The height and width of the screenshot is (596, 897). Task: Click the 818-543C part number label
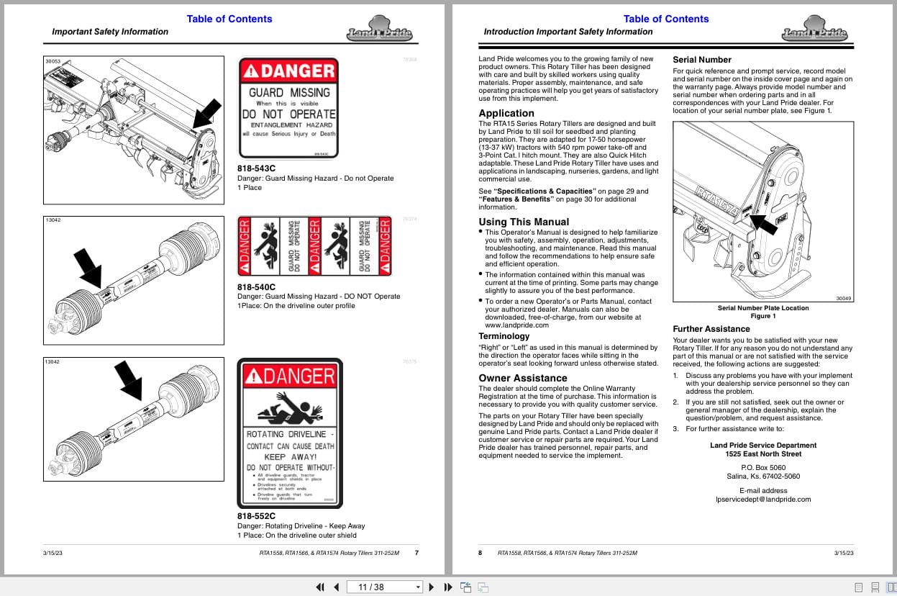pos(256,169)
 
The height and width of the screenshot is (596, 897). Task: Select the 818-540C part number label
pos(256,287)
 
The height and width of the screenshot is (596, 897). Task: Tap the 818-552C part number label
pos(256,516)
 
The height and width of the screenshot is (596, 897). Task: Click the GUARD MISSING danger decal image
pos(288,108)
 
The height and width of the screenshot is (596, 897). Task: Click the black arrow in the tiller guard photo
pos(208,112)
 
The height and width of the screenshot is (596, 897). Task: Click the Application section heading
pos(506,113)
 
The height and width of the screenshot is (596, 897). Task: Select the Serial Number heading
pos(701,60)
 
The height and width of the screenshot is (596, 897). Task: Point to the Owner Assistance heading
pos(523,378)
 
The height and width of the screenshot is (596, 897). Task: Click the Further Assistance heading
pos(711,329)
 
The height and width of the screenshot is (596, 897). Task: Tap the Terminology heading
pos(504,336)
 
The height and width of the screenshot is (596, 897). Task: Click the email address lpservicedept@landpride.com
pos(762,499)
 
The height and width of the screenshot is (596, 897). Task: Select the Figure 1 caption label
pos(762,316)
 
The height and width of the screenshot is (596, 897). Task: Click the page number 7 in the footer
pos(416,553)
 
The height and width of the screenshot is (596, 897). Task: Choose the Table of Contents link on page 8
pos(665,19)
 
